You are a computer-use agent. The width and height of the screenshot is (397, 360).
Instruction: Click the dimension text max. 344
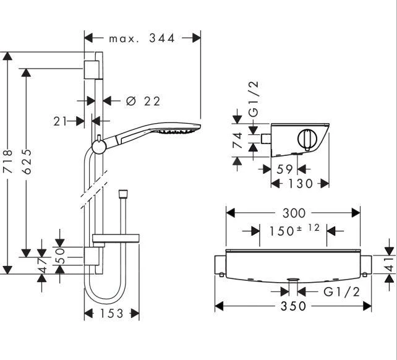(142, 38)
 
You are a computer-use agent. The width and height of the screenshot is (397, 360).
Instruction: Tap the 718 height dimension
(7, 162)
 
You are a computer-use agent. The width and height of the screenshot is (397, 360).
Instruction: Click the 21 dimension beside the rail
(59, 121)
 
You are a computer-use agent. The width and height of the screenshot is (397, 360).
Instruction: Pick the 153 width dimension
(111, 314)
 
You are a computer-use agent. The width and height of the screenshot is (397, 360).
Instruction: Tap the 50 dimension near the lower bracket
(60, 255)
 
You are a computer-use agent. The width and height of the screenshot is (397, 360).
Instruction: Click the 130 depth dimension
(300, 184)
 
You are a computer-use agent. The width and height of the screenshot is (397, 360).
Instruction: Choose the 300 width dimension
(293, 213)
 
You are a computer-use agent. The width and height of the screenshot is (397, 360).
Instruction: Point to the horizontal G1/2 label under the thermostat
(341, 291)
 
